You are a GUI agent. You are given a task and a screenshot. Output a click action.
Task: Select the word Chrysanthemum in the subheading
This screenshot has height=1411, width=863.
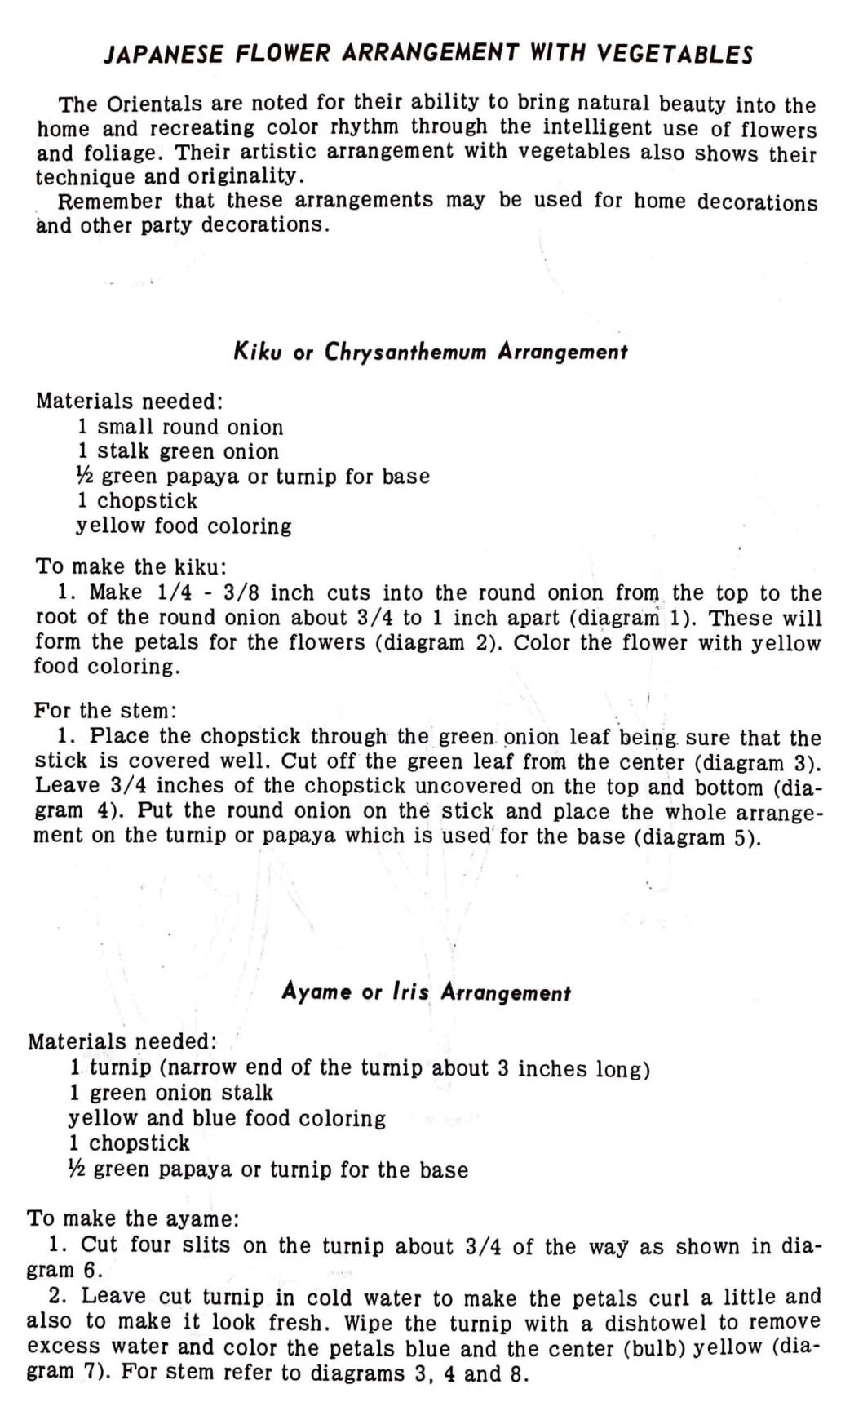tap(405, 353)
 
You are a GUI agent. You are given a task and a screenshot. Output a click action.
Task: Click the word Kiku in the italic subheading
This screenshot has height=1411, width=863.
tap(258, 352)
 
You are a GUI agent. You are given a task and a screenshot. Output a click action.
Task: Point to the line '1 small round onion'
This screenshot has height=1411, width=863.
tap(180, 427)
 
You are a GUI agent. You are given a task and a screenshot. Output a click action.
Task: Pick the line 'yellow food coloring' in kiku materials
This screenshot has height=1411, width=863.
tap(184, 526)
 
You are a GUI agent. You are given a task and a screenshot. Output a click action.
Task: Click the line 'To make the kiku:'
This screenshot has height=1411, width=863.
tap(131, 566)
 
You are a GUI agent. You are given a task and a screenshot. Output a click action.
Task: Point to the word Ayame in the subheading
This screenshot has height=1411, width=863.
tap(316, 992)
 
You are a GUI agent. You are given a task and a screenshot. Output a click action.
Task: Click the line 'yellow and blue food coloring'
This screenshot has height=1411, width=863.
tap(227, 1118)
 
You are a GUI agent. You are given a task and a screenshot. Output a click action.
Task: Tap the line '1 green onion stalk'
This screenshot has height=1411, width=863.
tap(171, 1093)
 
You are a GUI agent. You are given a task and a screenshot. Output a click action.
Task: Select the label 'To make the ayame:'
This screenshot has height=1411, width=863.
tap(133, 1219)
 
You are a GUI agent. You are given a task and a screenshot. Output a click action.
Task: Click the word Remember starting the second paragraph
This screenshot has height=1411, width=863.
tap(110, 201)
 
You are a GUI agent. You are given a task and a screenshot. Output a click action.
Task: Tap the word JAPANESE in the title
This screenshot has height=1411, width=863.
tap(163, 55)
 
